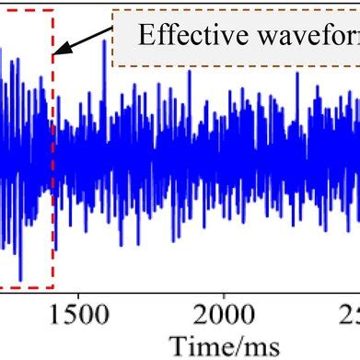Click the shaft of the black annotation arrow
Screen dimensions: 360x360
(x=87, y=40)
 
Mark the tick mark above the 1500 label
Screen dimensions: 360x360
(x=78, y=288)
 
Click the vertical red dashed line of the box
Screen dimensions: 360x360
(x=53, y=166)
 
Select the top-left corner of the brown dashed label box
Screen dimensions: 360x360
(x=112, y=13)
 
